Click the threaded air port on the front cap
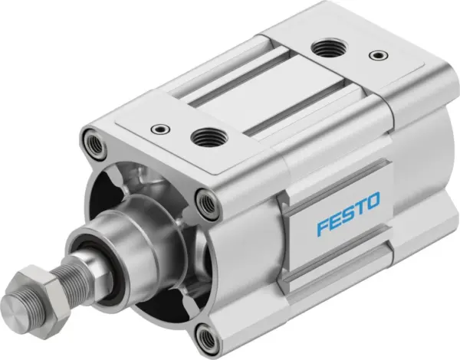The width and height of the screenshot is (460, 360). pos(204,137)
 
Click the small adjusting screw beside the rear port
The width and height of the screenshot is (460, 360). pos(375,55)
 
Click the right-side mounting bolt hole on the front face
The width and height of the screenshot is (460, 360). pos(205,202)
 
